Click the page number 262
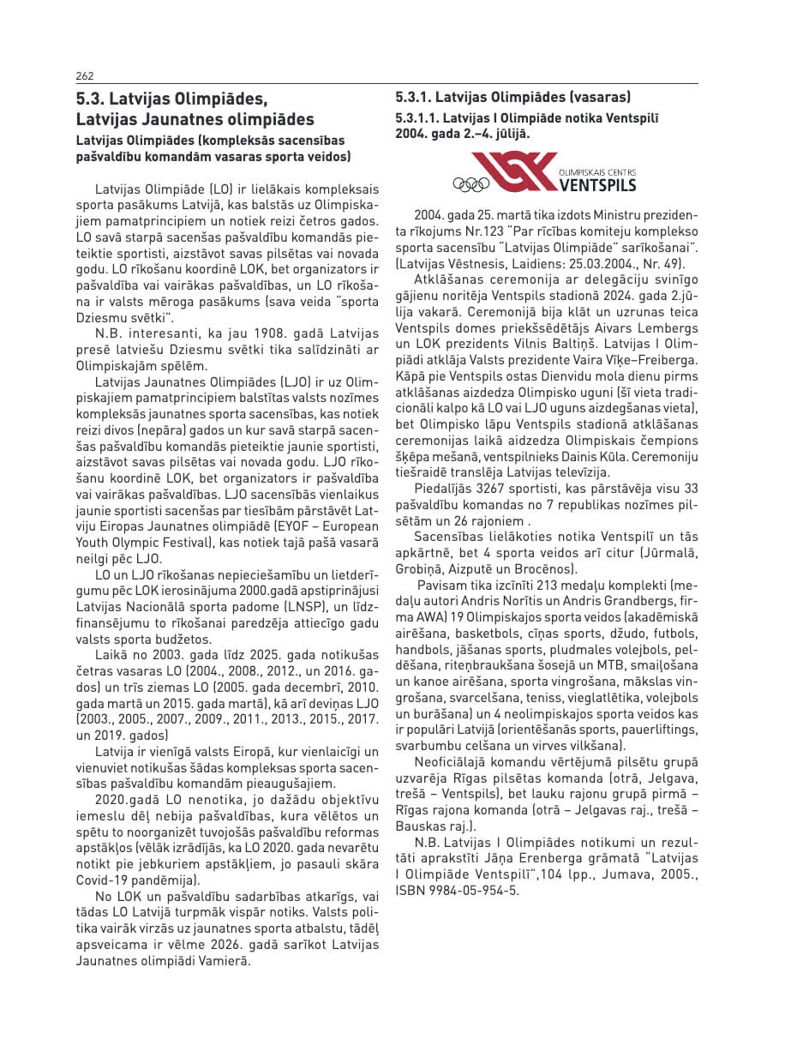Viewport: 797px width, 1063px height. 85,75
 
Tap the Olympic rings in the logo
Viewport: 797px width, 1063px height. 470,183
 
